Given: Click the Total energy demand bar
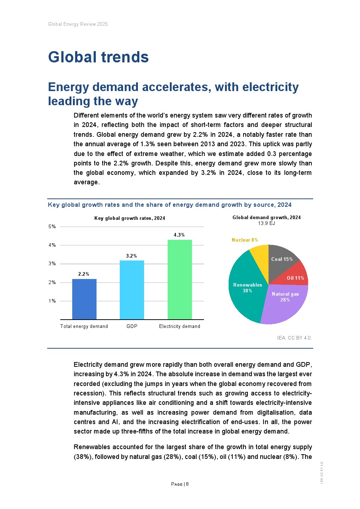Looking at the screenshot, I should pyautogui.click(x=84, y=299).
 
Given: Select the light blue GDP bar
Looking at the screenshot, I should pyautogui.click(x=132, y=290).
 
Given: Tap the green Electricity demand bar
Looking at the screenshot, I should pyautogui.click(x=180, y=279).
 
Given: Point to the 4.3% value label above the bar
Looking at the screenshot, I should pyautogui.click(x=179, y=235).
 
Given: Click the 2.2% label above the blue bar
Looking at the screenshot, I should pyautogui.click(x=84, y=274).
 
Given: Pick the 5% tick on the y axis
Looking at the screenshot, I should pyautogui.click(x=52, y=227).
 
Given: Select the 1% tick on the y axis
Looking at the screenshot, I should pyautogui.click(x=52, y=301).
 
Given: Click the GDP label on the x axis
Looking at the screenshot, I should pyautogui.click(x=132, y=326).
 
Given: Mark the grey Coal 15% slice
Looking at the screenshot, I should pyautogui.click(x=281, y=258).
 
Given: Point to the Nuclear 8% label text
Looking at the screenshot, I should pyautogui.click(x=245, y=240).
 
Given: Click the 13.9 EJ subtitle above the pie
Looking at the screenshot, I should pyautogui.click(x=266, y=223).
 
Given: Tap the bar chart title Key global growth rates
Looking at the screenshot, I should pyautogui.click(x=130, y=218).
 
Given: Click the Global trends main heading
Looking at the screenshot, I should pyautogui.click(x=98, y=57).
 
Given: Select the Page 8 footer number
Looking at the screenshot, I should pyautogui.click(x=180, y=484).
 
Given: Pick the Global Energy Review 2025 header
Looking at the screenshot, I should pyautogui.click(x=78, y=24).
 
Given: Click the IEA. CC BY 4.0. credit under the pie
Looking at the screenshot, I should pyautogui.click(x=294, y=338).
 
